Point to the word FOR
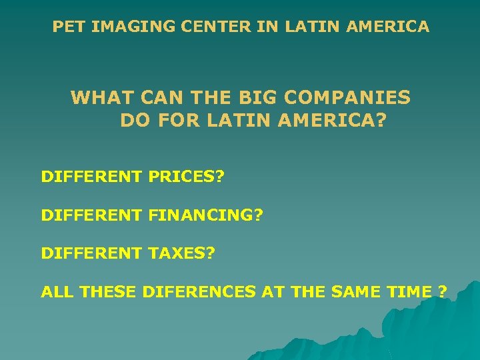pos(177,121)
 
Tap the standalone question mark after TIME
pos(442,291)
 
